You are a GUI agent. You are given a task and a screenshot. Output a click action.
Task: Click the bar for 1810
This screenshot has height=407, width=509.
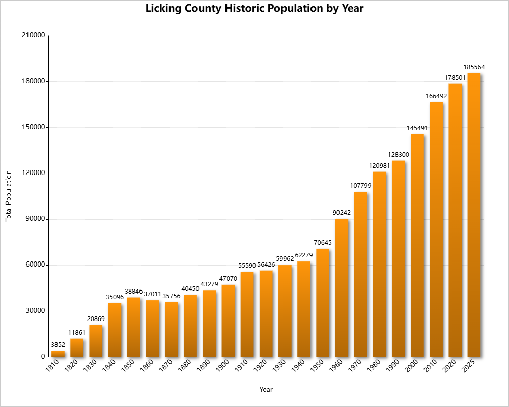[x=58, y=354]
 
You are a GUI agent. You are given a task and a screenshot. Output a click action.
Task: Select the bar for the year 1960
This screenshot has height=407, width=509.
[x=342, y=287]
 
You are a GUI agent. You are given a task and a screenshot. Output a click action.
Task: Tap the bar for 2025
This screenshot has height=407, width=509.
[x=474, y=215]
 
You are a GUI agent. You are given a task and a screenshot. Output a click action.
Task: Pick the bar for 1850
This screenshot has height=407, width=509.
[x=133, y=327]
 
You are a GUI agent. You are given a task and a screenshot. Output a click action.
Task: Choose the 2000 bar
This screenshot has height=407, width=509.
[x=417, y=245]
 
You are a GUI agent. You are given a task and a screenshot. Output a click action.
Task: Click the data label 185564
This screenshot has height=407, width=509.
[x=474, y=67]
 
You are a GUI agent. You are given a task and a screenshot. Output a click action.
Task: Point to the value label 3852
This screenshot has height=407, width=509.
[x=58, y=345]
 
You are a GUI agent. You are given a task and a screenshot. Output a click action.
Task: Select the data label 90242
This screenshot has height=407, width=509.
[x=342, y=213]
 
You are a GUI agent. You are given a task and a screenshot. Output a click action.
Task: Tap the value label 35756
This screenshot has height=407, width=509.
[x=172, y=296]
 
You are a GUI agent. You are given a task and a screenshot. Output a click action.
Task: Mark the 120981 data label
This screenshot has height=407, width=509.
[x=379, y=166]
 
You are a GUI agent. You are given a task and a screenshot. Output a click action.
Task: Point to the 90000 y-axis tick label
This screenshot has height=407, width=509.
[x=34, y=219]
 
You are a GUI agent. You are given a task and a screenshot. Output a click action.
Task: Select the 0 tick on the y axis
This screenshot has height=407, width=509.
[x=43, y=357]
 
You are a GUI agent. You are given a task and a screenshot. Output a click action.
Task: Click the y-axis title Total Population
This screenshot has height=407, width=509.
[x=8, y=196]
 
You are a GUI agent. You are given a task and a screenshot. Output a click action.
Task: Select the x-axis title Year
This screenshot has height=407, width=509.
[x=266, y=390]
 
